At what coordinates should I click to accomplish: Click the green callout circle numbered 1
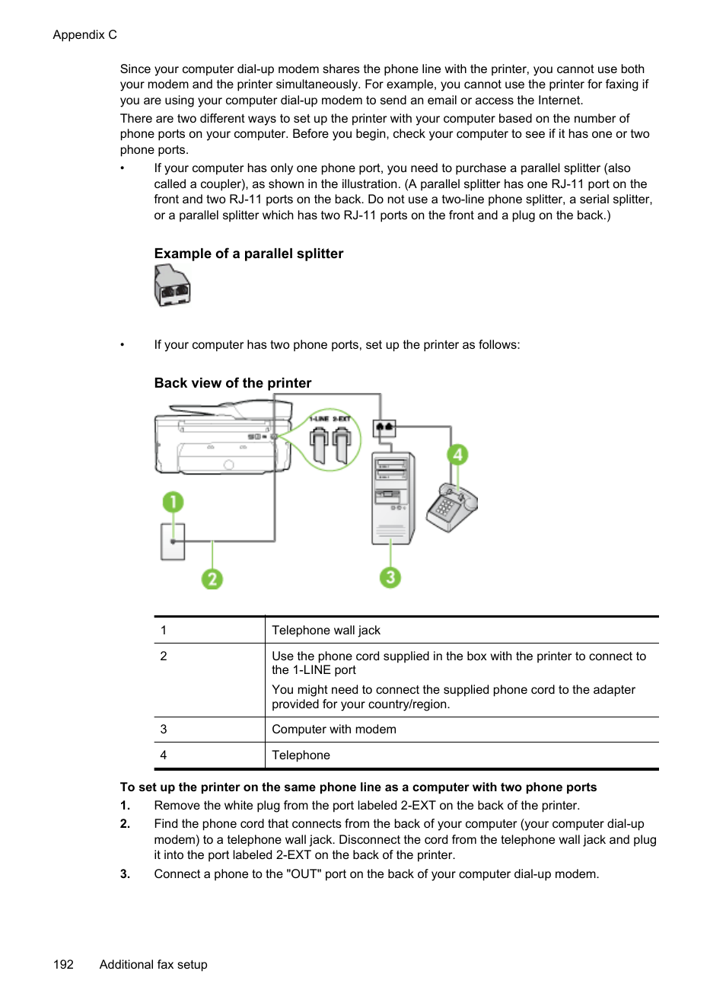click(x=173, y=502)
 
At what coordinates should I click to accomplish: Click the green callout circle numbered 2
click(x=212, y=579)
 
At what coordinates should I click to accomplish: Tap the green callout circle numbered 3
click(x=390, y=577)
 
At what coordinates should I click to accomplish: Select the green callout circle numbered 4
click(x=457, y=455)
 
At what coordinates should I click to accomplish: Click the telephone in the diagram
click(x=451, y=507)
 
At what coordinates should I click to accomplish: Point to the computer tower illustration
click(x=393, y=498)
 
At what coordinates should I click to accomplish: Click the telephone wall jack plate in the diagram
click(x=173, y=541)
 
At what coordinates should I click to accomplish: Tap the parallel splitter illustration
click(x=172, y=286)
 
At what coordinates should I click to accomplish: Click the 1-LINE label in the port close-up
click(x=319, y=419)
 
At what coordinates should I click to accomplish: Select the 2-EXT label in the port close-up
click(x=342, y=419)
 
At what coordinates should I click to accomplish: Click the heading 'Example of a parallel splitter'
click(x=248, y=254)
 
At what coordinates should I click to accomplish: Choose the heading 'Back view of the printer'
click(x=232, y=383)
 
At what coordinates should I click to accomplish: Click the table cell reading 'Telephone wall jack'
click(x=326, y=631)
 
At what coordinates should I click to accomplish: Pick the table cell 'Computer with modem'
click(x=333, y=730)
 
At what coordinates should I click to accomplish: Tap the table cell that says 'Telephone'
click(x=301, y=755)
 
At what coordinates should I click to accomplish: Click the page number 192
click(x=63, y=964)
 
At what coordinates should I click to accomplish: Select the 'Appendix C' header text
click(x=84, y=35)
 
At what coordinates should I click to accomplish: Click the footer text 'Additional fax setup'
click(x=153, y=964)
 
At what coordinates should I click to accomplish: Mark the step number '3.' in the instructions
click(x=125, y=874)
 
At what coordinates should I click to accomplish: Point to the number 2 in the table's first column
click(x=164, y=656)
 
